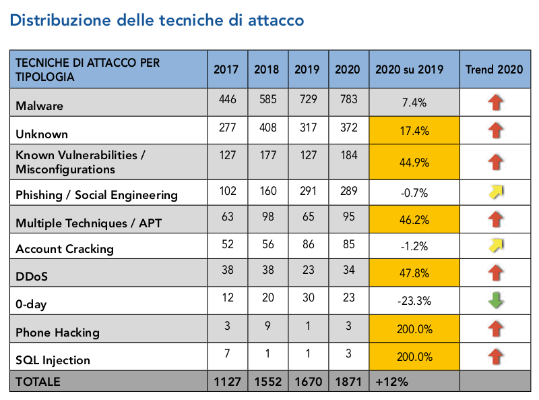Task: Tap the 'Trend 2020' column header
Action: tap(495, 69)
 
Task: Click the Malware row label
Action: tap(40, 106)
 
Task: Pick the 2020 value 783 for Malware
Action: tap(348, 101)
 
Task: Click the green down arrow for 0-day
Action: tap(495, 300)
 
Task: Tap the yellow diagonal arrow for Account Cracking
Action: tap(495, 245)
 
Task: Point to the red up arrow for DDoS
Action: tap(495, 274)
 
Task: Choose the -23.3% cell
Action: tap(414, 302)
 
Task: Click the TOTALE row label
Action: tap(38, 382)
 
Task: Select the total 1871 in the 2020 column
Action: tap(348, 382)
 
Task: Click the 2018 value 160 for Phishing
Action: tap(267, 191)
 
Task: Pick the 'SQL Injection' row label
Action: tap(54, 360)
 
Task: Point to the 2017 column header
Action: tap(226, 69)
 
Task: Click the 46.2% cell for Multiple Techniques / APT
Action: tap(414, 220)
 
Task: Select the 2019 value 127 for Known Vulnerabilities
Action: tap(308, 155)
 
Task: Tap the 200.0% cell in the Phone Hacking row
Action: tap(414, 329)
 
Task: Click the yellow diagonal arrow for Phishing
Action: tap(495, 193)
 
